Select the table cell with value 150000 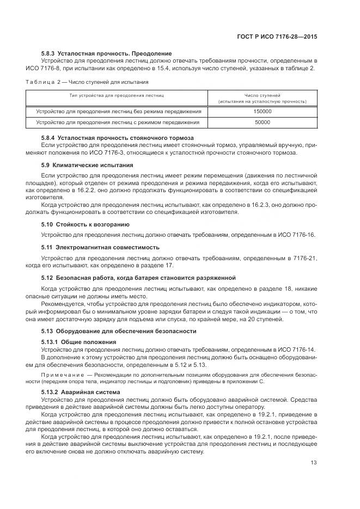pos(263,112)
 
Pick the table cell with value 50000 pos(263,122)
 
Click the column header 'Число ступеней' pos(263,95)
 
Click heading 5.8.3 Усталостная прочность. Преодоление pos(107,53)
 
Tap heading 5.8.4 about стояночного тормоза pos(118,138)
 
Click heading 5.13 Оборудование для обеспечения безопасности pos(119,331)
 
